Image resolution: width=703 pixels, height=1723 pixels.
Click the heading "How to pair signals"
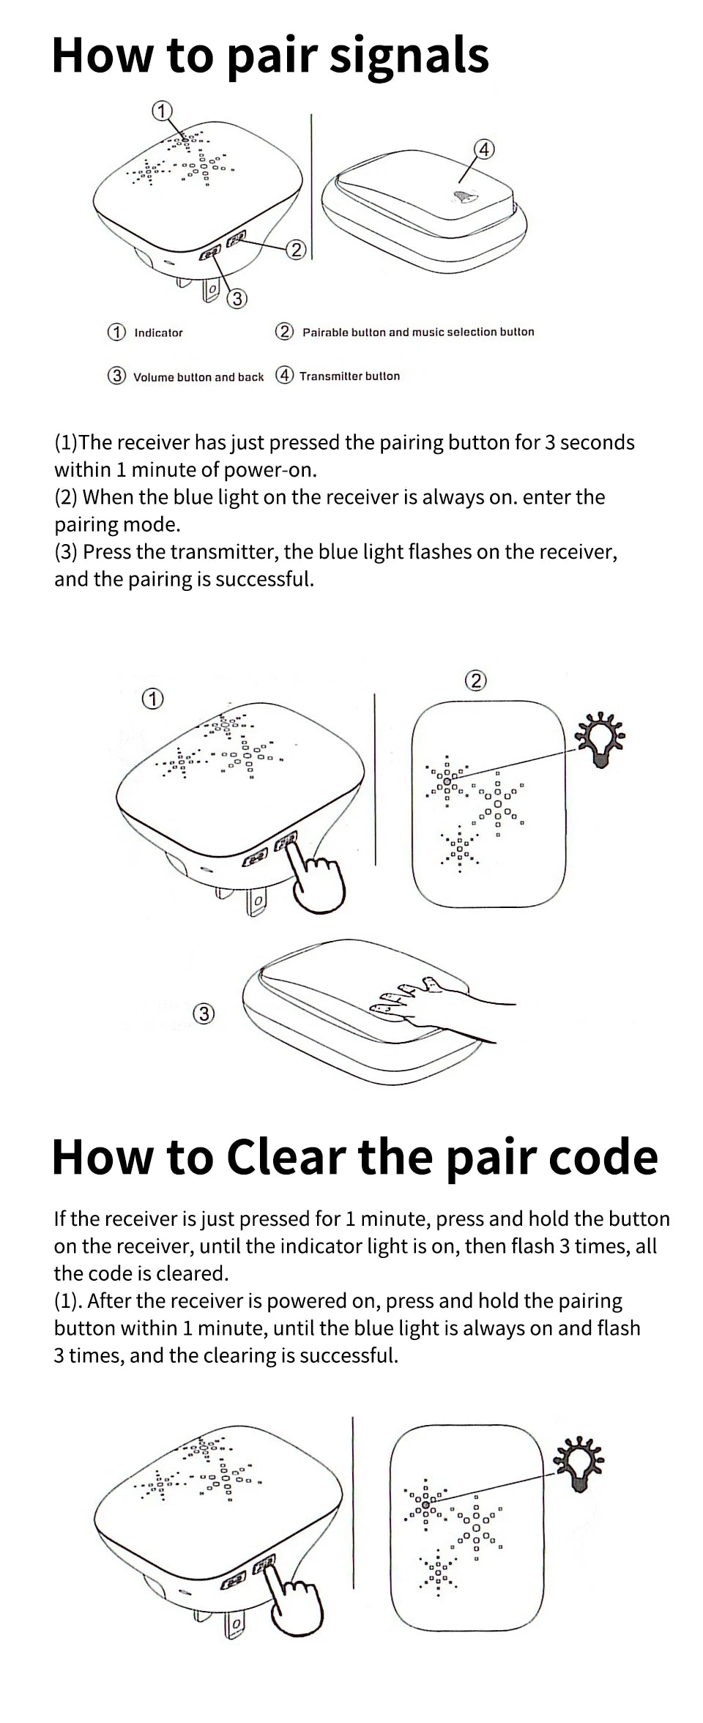pos(270,56)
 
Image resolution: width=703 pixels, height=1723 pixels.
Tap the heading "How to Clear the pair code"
pos(355,1157)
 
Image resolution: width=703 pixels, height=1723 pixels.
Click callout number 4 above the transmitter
pos(484,149)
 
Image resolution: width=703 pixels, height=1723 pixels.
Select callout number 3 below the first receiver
pos(237,299)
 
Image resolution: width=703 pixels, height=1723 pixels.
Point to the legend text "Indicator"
pos(158,332)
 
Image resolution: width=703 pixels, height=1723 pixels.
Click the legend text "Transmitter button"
pos(349,376)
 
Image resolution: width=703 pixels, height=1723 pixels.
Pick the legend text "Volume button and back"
pos(198,377)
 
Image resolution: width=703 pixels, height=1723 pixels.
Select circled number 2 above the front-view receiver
pos(475,681)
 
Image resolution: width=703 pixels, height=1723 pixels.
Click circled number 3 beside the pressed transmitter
pos(204,1013)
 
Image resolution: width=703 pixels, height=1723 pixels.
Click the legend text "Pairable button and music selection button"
pos(418,332)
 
